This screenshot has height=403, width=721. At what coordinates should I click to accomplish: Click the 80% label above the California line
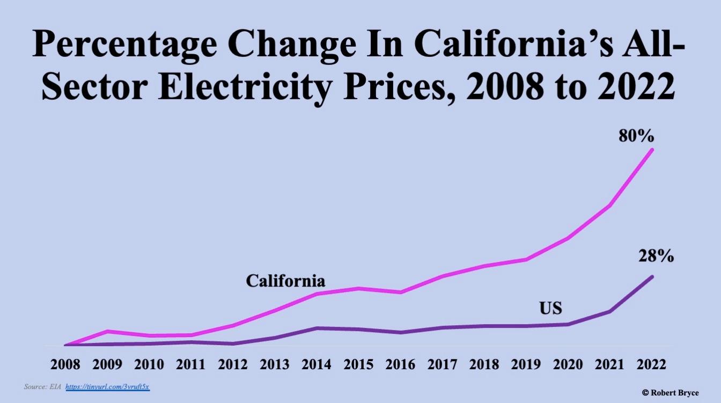point(636,136)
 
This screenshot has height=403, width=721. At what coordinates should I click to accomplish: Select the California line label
point(285,281)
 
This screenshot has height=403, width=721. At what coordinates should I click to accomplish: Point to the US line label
point(550,309)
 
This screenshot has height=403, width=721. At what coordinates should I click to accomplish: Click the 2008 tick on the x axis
point(65,364)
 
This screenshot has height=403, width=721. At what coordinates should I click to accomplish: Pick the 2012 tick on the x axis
point(233,364)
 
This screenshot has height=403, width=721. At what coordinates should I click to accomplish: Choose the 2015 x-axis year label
point(358,364)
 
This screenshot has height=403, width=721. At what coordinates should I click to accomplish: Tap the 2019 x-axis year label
point(526,364)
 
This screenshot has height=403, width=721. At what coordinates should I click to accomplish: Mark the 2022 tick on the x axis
point(652,364)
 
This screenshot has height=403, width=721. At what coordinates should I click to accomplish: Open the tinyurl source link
point(107,386)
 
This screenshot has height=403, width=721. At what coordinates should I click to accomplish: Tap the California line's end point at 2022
point(652,149)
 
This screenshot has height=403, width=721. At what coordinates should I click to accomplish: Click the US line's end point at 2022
point(652,277)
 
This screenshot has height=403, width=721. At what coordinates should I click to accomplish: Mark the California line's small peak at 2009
point(107,331)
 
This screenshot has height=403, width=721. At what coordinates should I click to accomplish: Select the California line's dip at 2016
point(400,292)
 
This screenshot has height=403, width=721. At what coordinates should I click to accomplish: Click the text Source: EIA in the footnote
point(42,386)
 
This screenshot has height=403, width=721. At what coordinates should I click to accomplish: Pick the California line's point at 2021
point(610,206)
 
